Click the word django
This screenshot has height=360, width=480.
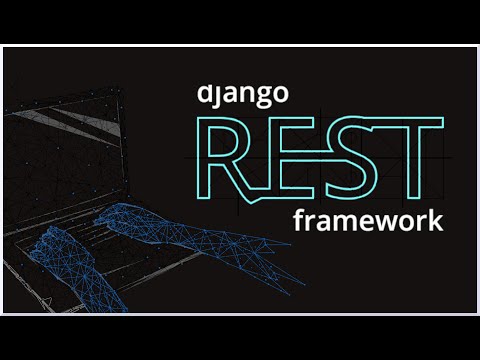[x=243, y=97]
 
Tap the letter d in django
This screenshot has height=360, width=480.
[x=207, y=97]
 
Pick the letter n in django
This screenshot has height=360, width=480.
[x=245, y=97]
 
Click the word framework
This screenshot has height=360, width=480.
[x=367, y=221]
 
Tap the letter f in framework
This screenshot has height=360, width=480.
[x=298, y=220]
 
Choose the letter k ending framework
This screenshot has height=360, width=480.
[x=435, y=220]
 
